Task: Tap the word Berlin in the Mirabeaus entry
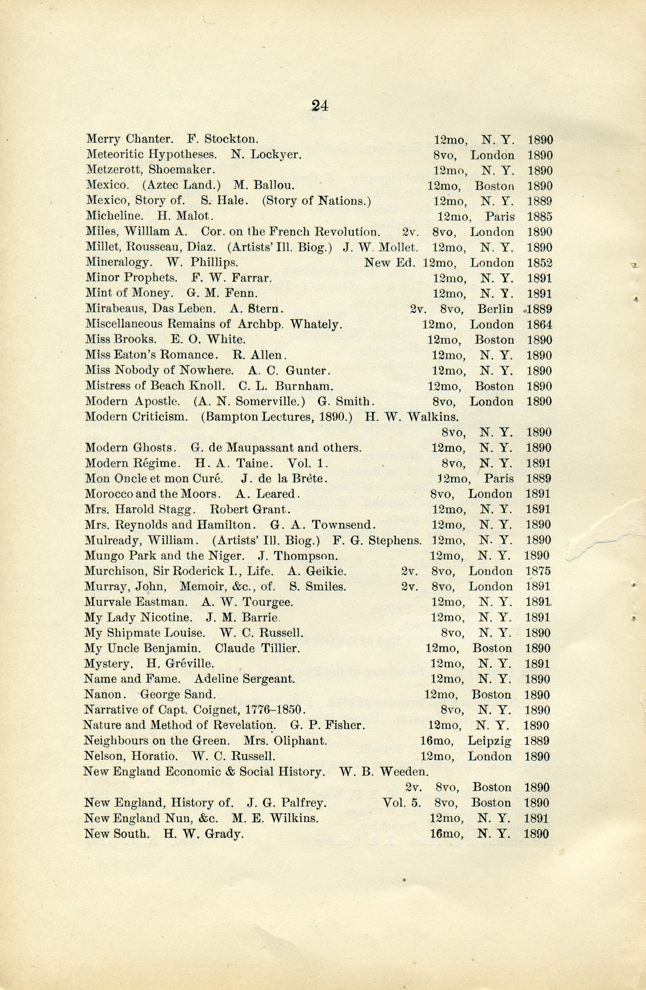pyautogui.click(x=495, y=309)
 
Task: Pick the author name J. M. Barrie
pyautogui.click(x=242, y=617)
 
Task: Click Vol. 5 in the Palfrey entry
pyautogui.click(x=401, y=803)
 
